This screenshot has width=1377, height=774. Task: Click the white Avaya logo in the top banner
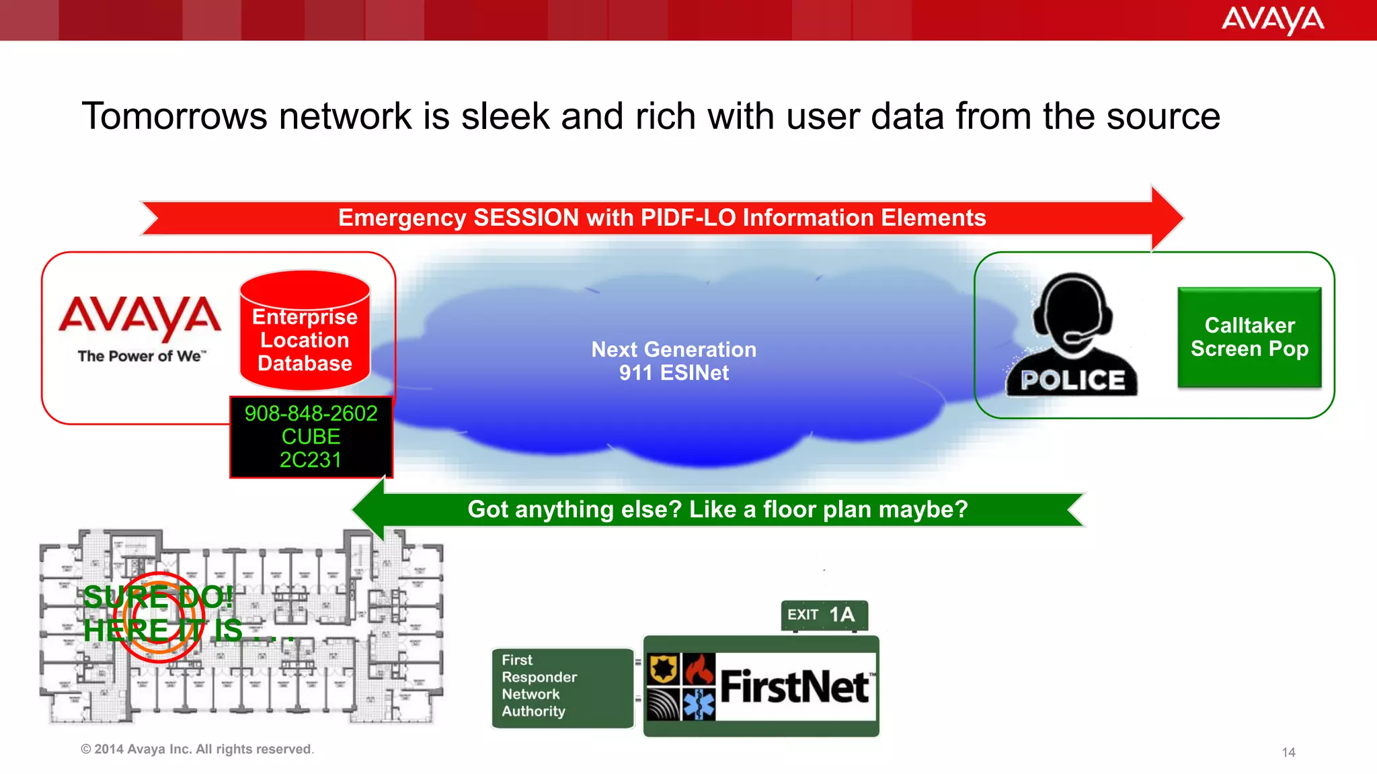[x=1272, y=20]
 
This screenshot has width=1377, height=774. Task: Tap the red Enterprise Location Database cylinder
[x=305, y=331]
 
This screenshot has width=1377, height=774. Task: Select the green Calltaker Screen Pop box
[x=1249, y=337]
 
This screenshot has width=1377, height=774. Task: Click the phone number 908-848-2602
[x=311, y=413]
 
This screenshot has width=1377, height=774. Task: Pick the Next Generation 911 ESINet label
[x=674, y=361]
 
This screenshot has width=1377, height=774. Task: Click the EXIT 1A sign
[x=824, y=615]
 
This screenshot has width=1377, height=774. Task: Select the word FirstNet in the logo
[x=795, y=687]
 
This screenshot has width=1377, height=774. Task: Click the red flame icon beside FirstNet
[x=699, y=669]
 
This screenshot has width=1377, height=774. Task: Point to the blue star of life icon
[x=699, y=704]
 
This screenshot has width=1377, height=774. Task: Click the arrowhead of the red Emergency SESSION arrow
[x=1167, y=218]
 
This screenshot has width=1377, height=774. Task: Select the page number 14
[x=1288, y=752]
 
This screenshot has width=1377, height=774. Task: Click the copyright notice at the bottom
[x=197, y=749]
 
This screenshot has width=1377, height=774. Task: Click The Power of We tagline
[x=141, y=356]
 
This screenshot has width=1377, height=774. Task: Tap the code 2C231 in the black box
[x=311, y=460]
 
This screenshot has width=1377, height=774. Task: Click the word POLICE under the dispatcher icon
[x=1072, y=380]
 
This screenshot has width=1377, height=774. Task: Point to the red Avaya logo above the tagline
[x=140, y=316]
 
